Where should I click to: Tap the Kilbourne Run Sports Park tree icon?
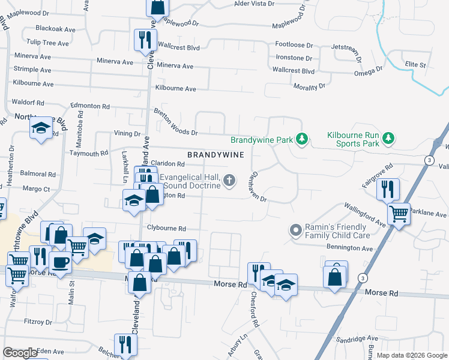[388, 139]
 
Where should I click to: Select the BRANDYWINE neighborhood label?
[215, 154]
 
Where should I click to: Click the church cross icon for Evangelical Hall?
[229, 180]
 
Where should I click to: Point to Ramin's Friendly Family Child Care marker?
[295, 230]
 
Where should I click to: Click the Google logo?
[20, 353]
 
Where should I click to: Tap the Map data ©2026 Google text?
[411, 355]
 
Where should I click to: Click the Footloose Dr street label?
[294, 45]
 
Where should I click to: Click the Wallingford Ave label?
[364, 215]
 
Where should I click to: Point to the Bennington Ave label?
[349, 248]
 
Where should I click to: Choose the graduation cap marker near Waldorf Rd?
[41, 128]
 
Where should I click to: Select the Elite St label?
[415, 64]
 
